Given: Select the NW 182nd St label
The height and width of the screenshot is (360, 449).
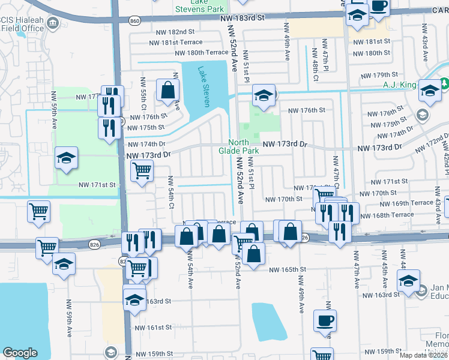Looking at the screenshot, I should (x=174, y=31).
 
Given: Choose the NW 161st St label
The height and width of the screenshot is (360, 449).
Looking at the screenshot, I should (x=153, y=328).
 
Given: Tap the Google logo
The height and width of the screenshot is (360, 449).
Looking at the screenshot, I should (x=20, y=352).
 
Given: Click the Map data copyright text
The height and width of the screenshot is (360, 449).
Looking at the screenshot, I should (x=423, y=355).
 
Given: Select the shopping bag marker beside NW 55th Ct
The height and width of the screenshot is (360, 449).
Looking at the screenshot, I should (x=168, y=90).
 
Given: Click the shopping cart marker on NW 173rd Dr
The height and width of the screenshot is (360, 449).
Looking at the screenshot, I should (x=142, y=170).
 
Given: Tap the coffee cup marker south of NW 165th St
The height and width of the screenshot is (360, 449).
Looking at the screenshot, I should (x=325, y=320).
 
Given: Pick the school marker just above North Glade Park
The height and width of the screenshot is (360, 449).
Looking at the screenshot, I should (x=264, y=95).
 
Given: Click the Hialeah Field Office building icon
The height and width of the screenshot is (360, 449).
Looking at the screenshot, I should (x=52, y=23).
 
